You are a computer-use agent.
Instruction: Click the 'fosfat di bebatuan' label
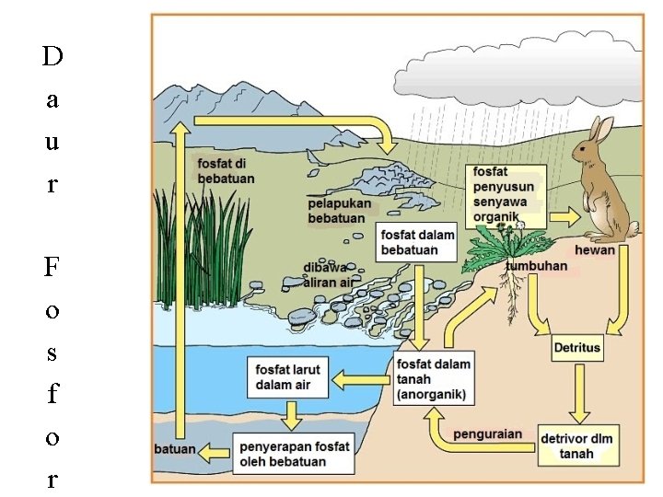[x=226, y=170]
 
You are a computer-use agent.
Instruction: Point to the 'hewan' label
[x=594, y=250]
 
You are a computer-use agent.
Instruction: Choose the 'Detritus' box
[x=577, y=349]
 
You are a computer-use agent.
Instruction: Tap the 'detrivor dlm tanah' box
[x=577, y=445]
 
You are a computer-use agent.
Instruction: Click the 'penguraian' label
[x=488, y=433]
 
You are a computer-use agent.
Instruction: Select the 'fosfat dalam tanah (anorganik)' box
[x=434, y=378]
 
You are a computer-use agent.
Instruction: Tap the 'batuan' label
[x=174, y=449]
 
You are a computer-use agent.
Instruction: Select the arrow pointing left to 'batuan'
[x=215, y=451]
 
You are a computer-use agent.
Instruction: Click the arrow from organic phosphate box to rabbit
[x=564, y=217]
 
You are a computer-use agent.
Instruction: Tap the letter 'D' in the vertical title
[x=52, y=58]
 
